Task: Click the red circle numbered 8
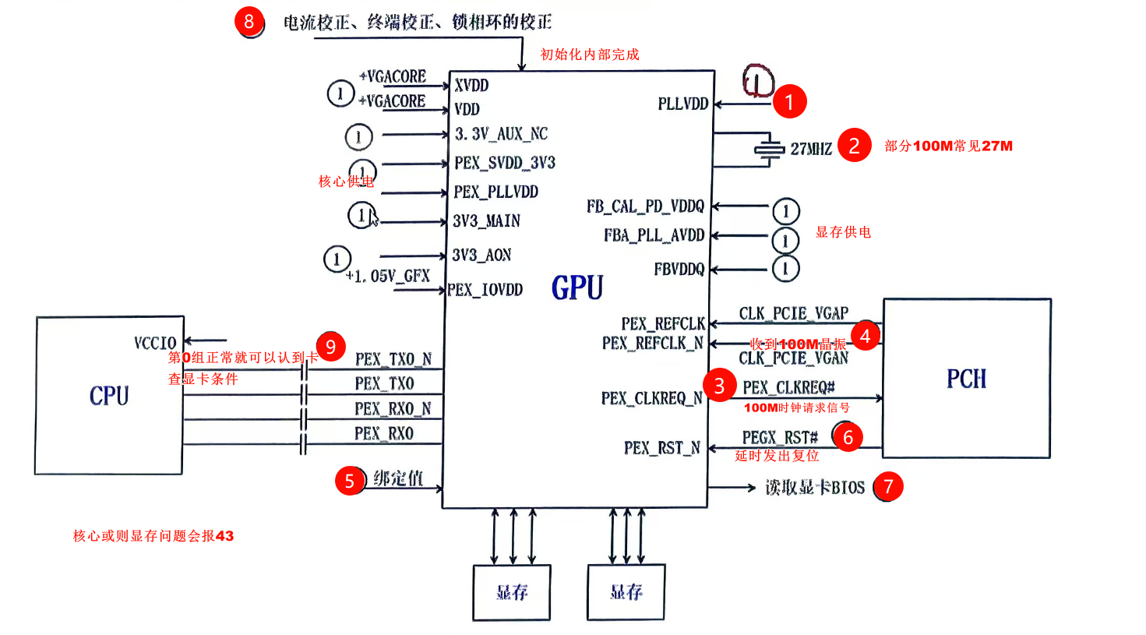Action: [x=249, y=22]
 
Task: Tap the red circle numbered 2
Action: [x=854, y=146]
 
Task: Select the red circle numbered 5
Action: [x=350, y=482]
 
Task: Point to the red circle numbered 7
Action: [x=888, y=487]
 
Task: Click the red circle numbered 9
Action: [x=331, y=347]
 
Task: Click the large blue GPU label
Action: [x=577, y=288]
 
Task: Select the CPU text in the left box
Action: [x=109, y=396]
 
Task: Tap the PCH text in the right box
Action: [x=966, y=379]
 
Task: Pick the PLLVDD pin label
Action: [x=682, y=104]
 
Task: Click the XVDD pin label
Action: [x=471, y=86]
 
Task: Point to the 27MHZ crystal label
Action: [x=811, y=149]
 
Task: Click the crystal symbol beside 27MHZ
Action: [x=769, y=150]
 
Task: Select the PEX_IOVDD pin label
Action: [x=485, y=290]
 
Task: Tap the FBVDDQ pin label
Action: [x=679, y=270]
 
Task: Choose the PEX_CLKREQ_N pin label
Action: [x=651, y=399]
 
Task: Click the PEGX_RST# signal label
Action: [x=780, y=438]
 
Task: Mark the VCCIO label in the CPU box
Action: [x=155, y=344]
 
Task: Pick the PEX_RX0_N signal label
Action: [x=393, y=409]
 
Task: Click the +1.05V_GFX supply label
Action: [x=388, y=277]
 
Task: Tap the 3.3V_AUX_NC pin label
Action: [x=501, y=134]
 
